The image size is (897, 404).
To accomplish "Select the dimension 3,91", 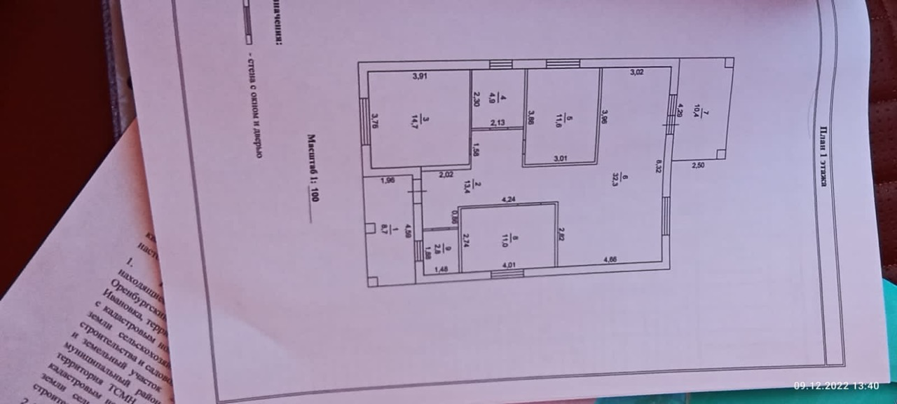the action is pos(419,77).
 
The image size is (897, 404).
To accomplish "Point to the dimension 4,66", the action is pos(612,259).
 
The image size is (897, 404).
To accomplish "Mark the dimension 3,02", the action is pos(637,71).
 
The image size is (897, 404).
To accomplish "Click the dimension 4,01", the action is pos(509,266).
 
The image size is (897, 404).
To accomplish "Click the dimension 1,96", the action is pos(388,181).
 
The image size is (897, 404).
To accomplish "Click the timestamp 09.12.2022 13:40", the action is pos(836,385).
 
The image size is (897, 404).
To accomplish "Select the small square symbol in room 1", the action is pos(370,227).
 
